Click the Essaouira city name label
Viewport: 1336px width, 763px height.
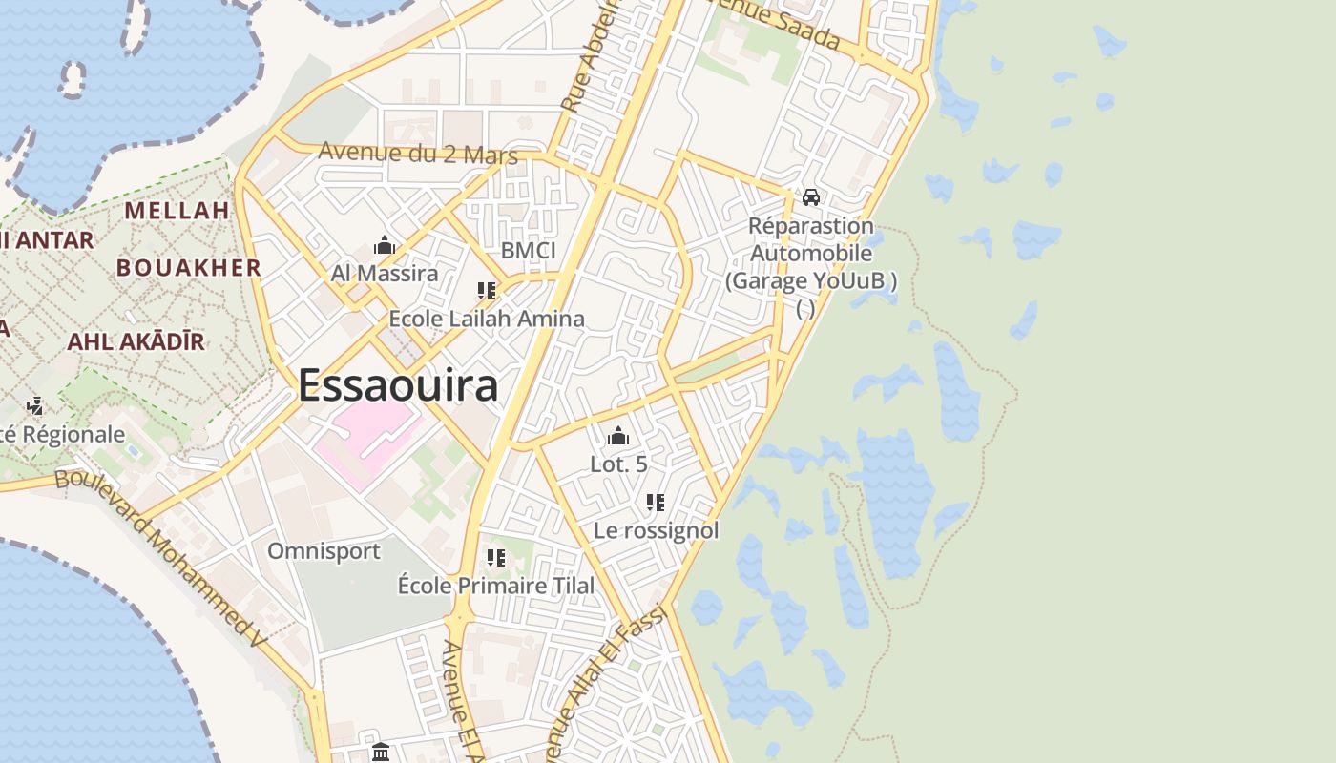click(398, 386)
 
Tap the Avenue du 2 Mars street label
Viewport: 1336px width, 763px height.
click(418, 153)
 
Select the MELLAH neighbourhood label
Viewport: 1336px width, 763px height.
click(177, 211)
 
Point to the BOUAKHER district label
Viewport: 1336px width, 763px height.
click(189, 268)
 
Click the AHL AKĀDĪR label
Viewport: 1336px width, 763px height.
click(136, 341)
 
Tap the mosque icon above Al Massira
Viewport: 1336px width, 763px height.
click(385, 246)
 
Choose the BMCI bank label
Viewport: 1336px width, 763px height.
click(528, 251)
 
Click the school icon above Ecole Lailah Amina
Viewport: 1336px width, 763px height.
click(487, 291)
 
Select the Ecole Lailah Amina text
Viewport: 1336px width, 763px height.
click(487, 319)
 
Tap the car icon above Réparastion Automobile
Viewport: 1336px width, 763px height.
click(811, 197)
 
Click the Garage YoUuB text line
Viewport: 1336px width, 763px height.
click(811, 281)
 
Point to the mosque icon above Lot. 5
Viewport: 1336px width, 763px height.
click(618, 437)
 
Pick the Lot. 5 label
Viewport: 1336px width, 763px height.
click(618, 464)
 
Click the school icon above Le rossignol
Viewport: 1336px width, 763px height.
click(656, 503)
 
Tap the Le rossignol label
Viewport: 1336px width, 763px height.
click(657, 530)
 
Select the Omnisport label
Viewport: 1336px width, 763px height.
click(324, 551)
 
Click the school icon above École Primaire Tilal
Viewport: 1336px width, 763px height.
click(496, 558)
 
